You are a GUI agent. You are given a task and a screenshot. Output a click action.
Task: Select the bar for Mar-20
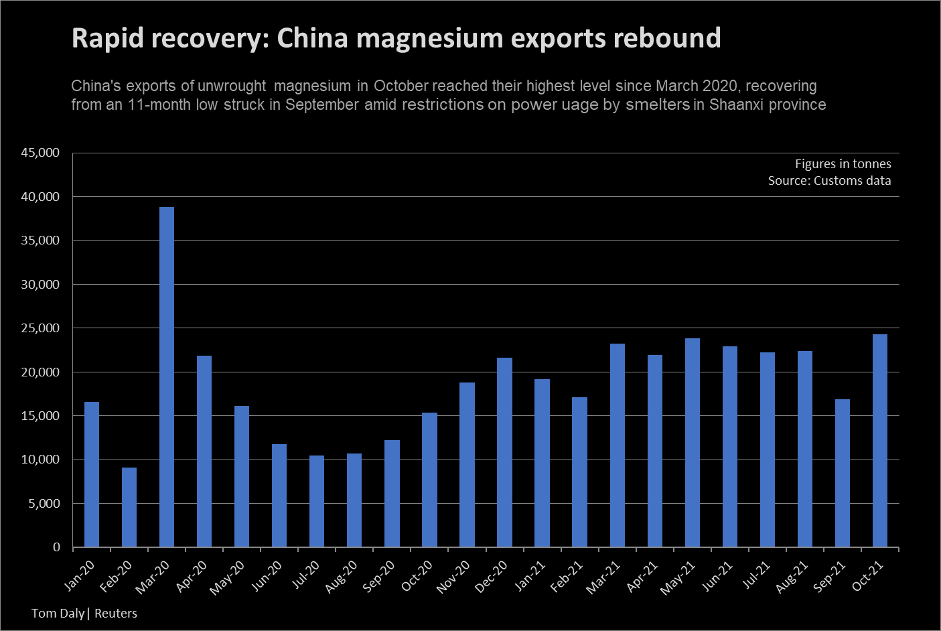(167, 376)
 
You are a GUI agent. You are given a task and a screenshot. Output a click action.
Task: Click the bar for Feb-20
(129, 507)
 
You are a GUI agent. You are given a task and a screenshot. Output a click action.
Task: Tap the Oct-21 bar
(880, 440)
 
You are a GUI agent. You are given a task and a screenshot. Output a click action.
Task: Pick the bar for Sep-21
(843, 473)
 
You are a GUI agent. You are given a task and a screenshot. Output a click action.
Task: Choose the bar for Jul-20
(317, 501)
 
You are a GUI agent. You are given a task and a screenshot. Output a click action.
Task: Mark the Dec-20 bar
(504, 452)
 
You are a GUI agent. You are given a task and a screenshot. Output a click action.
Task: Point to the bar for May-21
(693, 442)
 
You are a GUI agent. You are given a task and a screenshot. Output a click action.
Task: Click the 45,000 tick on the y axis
(40, 153)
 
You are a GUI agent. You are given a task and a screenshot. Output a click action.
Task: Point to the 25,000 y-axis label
(40, 328)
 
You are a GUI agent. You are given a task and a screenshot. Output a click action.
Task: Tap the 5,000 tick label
(44, 504)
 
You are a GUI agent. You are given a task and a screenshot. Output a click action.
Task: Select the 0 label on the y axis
(56, 547)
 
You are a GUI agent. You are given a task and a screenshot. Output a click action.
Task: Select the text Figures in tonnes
(843, 163)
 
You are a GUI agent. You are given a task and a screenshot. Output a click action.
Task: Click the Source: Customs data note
(829, 180)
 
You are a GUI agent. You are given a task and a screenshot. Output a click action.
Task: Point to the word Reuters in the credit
(116, 613)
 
